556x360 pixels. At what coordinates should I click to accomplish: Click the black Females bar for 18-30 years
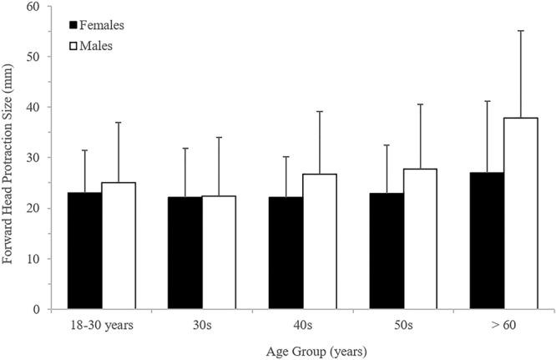tap(84, 251)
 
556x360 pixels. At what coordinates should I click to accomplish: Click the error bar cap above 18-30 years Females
tap(84, 150)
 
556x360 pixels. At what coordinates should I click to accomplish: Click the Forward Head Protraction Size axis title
tap(10, 159)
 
